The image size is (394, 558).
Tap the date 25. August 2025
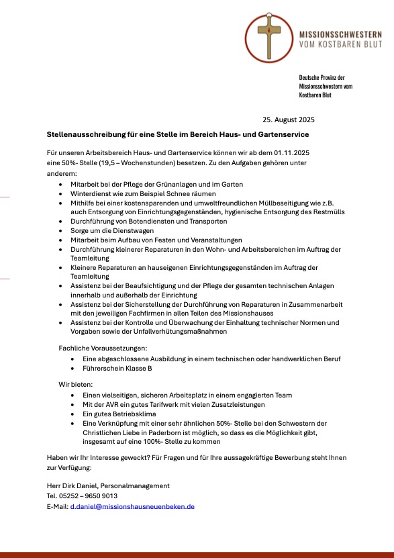[x=289, y=120]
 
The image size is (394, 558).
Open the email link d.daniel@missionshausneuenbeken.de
[x=132, y=506]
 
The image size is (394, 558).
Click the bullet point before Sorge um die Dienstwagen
[x=62, y=230]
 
